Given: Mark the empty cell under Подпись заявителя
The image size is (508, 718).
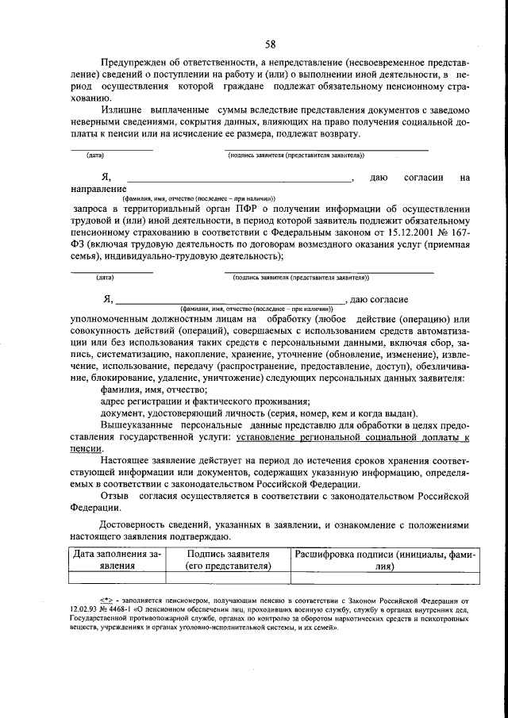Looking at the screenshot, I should [227, 578].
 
